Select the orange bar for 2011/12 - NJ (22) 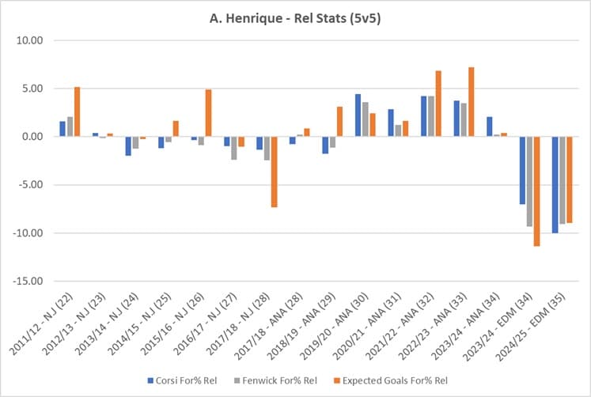(x=77, y=112)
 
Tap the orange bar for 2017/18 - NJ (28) (x=274, y=172)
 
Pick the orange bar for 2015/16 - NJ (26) (x=208, y=113)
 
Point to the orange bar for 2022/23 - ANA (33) (x=471, y=102)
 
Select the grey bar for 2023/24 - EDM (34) (x=528, y=182)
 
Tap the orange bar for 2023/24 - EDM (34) (x=536, y=191)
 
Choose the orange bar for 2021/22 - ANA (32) (x=438, y=104)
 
